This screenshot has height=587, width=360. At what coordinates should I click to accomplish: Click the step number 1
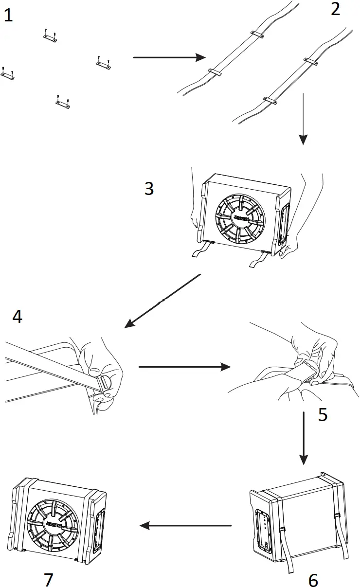8,16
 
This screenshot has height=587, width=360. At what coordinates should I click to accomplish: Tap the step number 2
335,9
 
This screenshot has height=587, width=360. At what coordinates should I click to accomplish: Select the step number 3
149,189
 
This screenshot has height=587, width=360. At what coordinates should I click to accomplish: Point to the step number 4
17,317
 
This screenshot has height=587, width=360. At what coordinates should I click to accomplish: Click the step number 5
323,414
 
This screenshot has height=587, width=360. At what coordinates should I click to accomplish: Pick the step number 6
313,579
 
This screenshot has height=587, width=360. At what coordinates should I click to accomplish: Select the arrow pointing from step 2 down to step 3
303,119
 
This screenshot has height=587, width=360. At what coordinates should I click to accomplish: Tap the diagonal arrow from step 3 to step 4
162,301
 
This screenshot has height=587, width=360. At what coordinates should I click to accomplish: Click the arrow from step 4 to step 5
184,367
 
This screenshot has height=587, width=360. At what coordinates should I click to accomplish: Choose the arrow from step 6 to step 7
185,525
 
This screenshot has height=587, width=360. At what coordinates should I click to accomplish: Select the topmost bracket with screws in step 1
49,36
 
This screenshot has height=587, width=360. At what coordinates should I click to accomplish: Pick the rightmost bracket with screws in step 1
103,63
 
